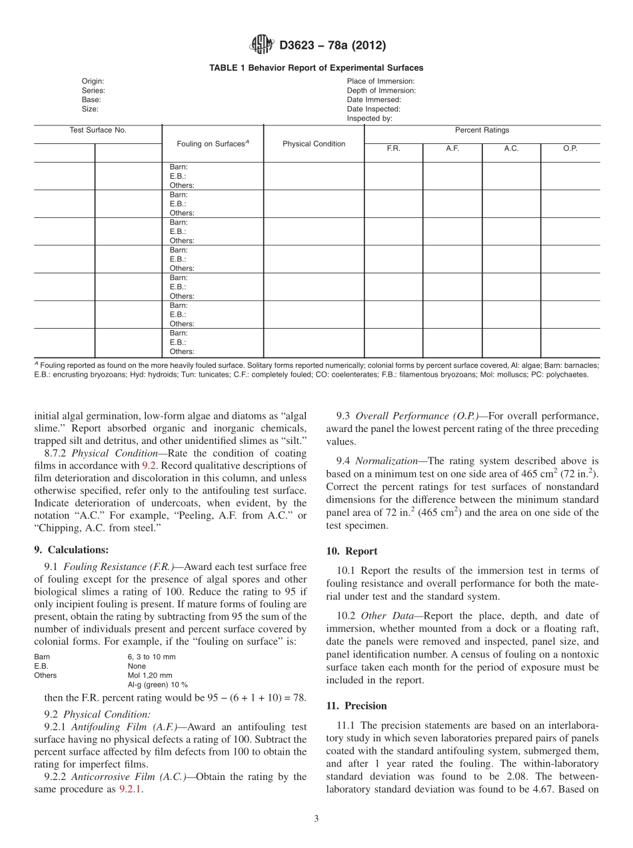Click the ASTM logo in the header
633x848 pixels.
point(261,45)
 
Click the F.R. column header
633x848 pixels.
point(393,149)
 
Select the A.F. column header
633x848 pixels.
point(452,149)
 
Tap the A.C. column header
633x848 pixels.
point(511,149)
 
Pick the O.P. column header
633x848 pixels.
point(570,149)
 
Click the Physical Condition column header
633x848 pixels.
point(314,143)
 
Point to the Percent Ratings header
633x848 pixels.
point(482,130)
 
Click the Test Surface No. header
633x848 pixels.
point(98,130)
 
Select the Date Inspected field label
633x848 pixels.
point(373,109)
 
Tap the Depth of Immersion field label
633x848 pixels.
point(381,90)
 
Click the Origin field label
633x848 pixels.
point(93,81)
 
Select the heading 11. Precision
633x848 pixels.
point(356,705)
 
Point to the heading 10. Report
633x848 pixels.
point(351,551)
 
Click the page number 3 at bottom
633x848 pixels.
point(316,819)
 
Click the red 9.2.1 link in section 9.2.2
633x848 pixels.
point(131,789)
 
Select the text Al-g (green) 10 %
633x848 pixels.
point(157,685)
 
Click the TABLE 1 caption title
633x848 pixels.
point(316,68)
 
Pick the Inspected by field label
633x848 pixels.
point(369,118)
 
